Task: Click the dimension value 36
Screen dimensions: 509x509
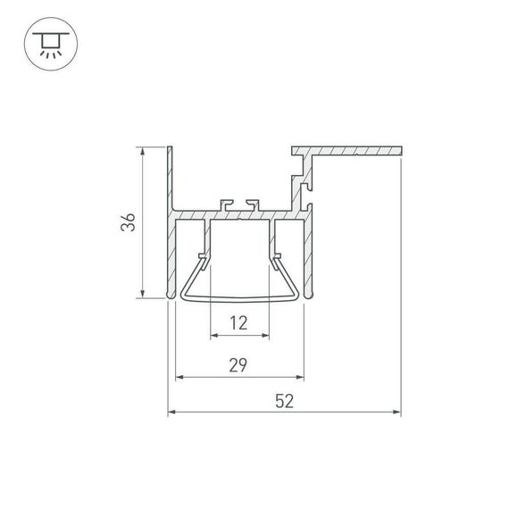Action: [x=129, y=222]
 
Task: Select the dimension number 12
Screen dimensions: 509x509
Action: [x=238, y=323]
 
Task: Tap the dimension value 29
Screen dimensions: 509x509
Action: [x=238, y=364]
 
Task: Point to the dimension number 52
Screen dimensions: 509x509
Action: [x=284, y=402]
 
